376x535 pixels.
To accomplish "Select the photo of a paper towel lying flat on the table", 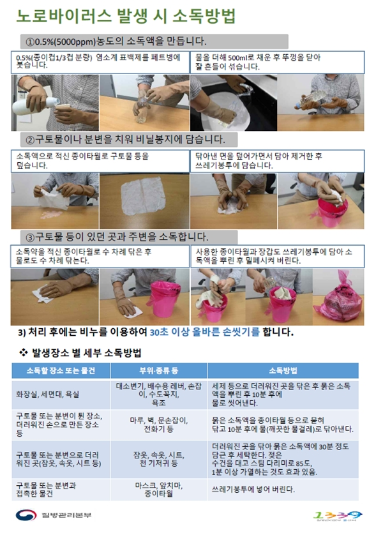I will point(144,198).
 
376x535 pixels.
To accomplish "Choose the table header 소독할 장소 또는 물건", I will point(61,370).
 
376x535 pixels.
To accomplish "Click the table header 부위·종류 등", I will point(158,370).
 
